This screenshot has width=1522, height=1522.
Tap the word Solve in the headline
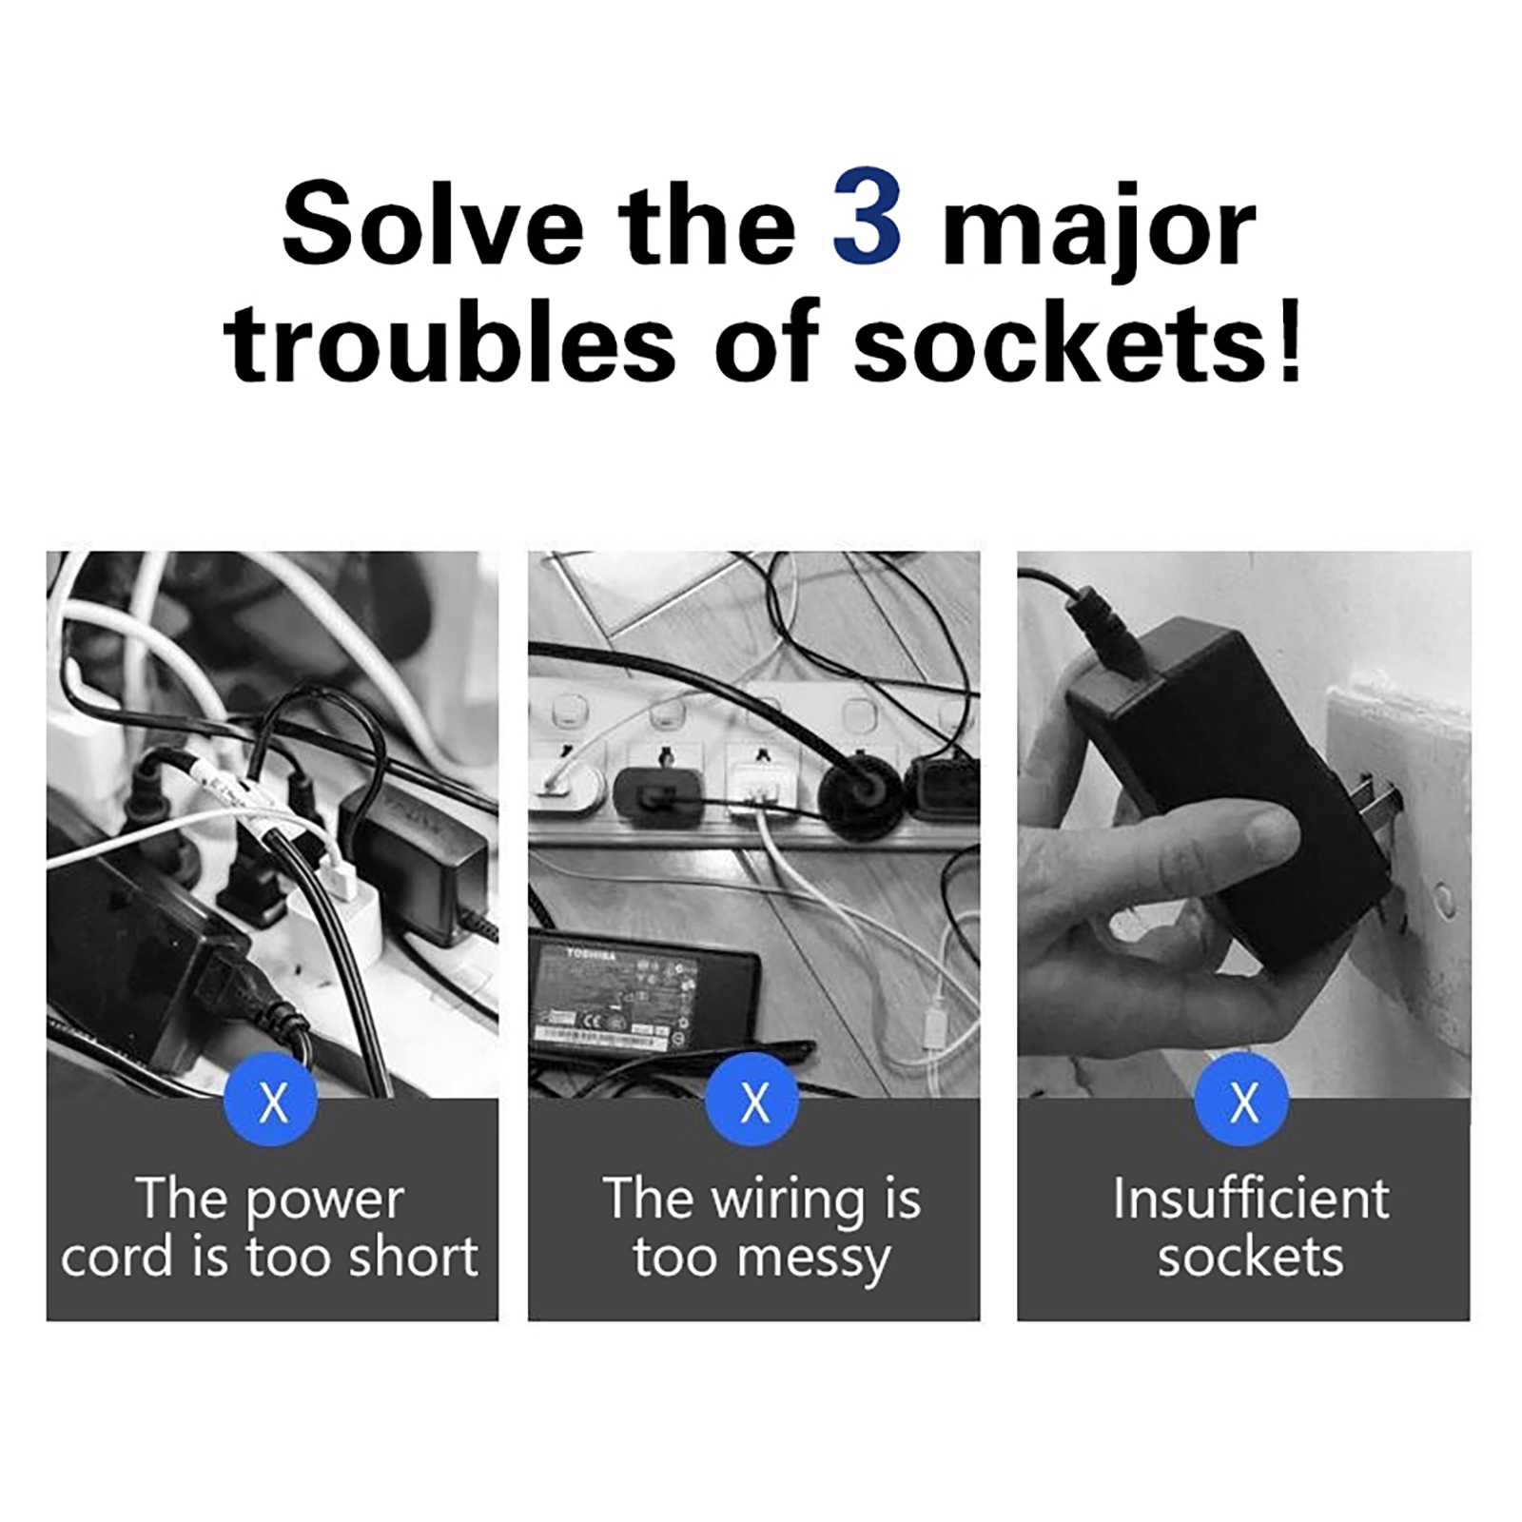[x=433, y=224]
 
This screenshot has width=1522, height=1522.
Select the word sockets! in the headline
[x=1077, y=341]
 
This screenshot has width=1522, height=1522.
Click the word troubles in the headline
[x=450, y=341]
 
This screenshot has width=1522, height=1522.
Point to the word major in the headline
[x=1099, y=233]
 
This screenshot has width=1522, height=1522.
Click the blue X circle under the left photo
[x=271, y=1100]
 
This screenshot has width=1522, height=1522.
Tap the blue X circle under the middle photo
[x=752, y=1100]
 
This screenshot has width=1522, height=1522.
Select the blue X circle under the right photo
[x=1242, y=1100]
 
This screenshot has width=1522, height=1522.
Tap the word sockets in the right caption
[x=1251, y=1258]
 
